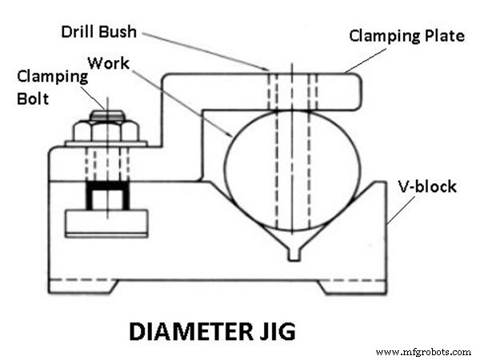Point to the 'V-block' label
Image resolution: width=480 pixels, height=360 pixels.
pos(428,187)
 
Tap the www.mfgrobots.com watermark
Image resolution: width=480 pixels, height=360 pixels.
pos(423,351)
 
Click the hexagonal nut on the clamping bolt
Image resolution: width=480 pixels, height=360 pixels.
pos(106,130)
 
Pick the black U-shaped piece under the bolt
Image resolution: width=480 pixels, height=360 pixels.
pos(106,194)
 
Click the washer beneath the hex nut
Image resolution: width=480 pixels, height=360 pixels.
pos(106,145)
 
